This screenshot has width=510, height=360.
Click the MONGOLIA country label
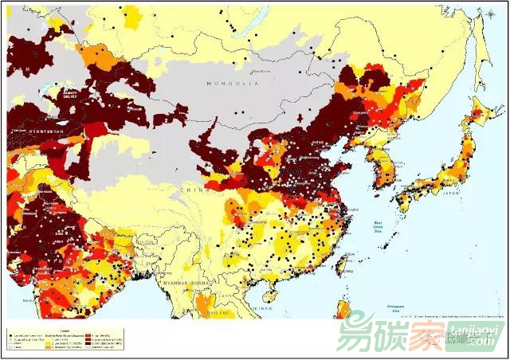[x=233, y=84]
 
